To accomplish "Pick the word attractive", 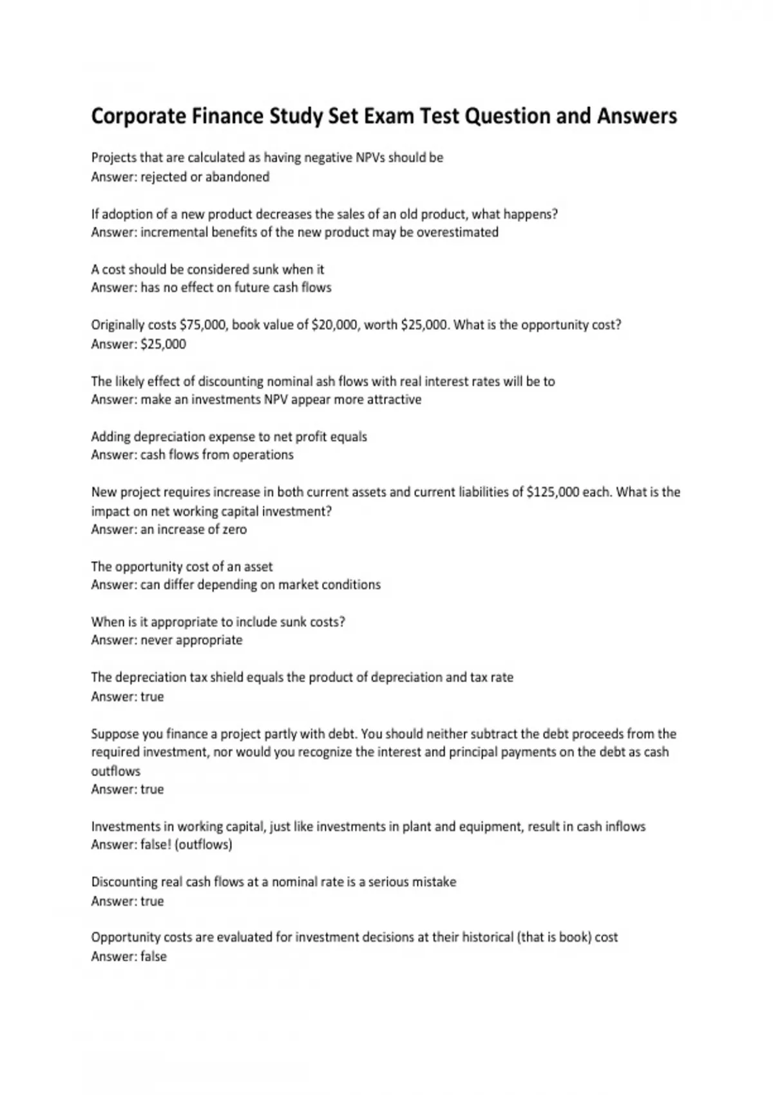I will pyautogui.click(x=394, y=399).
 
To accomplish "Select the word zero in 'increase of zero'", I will pyautogui.click(x=234, y=529).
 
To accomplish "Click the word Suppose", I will pyautogui.click(x=113, y=734).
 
